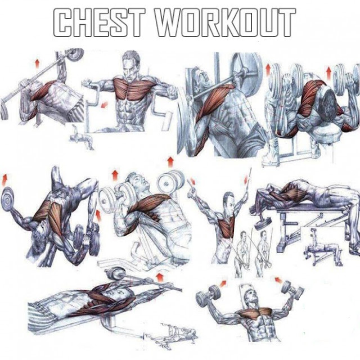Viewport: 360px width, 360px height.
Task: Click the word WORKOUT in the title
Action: click(x=231, y=23)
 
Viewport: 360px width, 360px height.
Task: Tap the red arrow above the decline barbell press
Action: click(x=38, y=62)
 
